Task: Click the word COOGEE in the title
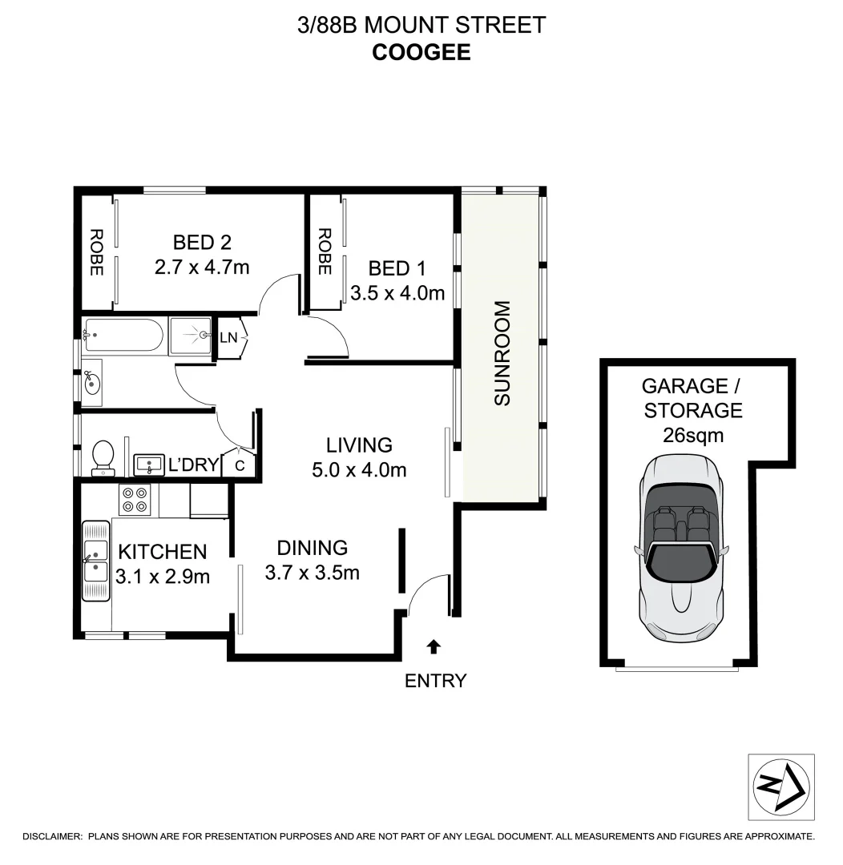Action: pyautogui.click(x=421, y=52)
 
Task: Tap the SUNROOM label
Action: pyautogui.click(x=502, y=353)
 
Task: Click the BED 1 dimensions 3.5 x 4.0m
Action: pyautogui.click(x=397, y=293)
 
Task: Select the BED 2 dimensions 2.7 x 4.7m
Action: pyautogui.click(x=202, y=266)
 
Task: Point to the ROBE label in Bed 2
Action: pyautogui.click(x=96, y=252)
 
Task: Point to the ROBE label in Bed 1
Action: pyautogui.click(x=325, y=252)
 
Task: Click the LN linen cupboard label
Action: pyautogui.click(x=228, y=337)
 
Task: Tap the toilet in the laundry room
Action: pyautogui.click(x=103, y=458)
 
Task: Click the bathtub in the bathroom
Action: pyautogui.click(x=124, y=336)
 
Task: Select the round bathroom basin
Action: pyautogui.click(x=92, y=382)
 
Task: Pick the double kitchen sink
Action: pyautogui.click(x=96, y=560)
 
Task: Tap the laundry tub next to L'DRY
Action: pyautogui.click(x=147, y=463)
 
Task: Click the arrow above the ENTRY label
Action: pyautogui.click(x=434, y=646)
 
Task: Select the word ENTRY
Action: pyautogui.click(x=435, y=681)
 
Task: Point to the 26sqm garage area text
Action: pyautogui.click(x=693, y=437)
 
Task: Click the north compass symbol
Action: pyautogui.click(x=781, y=787)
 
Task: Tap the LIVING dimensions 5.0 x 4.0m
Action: pyautogui.click(x=359, y=470)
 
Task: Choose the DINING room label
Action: pyautogui.click(x=312, y=548)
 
